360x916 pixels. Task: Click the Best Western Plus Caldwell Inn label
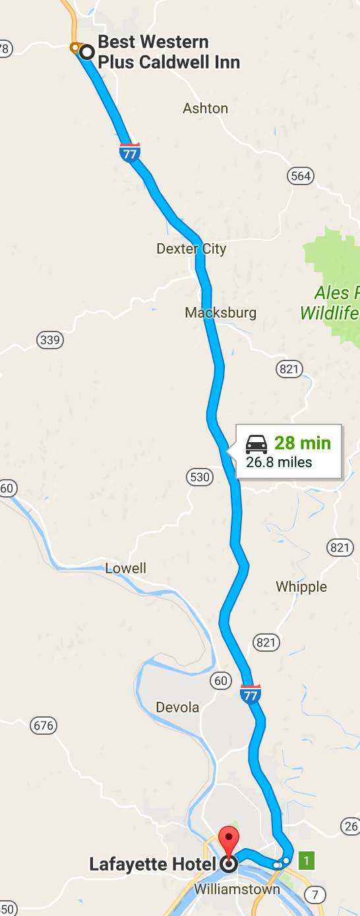(168, 53)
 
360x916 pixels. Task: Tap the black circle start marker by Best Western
(86, 51)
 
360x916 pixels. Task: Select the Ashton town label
(206, 109)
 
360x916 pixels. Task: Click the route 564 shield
(300, 175)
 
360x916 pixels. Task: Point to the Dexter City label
(191, 249)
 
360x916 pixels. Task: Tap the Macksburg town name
(221, 312)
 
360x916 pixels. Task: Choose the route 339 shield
(50, 340)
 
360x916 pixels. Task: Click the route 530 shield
(200, 476)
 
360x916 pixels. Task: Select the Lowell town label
(126, 568)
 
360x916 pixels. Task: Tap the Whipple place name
(301, 587)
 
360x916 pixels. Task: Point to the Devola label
(177, 707)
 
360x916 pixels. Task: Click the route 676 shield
(43, 726)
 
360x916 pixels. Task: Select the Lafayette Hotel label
(153, 865)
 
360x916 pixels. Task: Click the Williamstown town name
(237, 890)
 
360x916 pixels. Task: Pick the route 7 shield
(316, 894)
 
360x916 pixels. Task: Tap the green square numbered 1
(306, 860)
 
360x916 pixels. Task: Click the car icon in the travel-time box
(256, 444)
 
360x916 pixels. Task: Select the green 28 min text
(303, 443)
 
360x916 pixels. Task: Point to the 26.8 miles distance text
(279, 462)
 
